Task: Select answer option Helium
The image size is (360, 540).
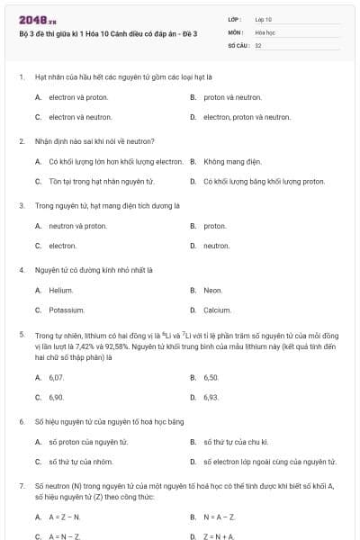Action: coord(60,290)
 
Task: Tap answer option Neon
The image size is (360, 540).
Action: coord(212,290)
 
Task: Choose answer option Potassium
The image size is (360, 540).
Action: coord(66,310)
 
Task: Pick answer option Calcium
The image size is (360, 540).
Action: coord(217,310)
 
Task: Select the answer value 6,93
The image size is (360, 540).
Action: coord(211,396)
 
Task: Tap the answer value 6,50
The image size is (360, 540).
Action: coord(211,377)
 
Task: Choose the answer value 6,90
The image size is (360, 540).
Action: coord(56,396)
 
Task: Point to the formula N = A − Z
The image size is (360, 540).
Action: coord(219,517)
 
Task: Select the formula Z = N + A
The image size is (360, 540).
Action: coord(219,536)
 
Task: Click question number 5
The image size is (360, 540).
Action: coord(21,334)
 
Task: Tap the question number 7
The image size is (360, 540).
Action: coord(21,484)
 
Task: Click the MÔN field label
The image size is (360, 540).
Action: coord(236,31)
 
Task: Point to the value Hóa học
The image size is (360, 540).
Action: coord(265,31)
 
